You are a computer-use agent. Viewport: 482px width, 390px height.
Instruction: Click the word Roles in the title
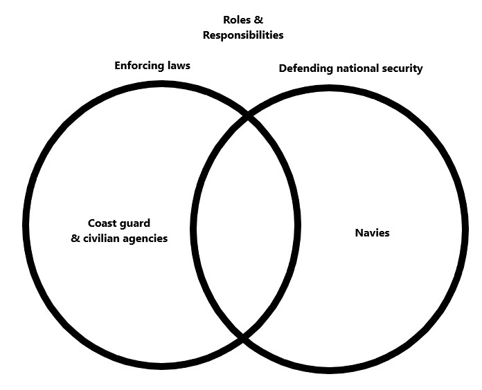[x=236, y=20]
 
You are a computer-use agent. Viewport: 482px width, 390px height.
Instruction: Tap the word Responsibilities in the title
[x=243, y=35]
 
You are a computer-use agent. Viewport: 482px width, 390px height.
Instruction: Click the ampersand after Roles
[x=258, y=20]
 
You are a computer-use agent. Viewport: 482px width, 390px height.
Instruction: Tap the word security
[x=403, y=68]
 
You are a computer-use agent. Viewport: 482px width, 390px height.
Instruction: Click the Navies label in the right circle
[x=371, y=233]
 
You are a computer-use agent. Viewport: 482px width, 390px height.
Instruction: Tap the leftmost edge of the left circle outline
[x=26, y=226]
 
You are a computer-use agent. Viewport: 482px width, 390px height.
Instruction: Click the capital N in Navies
[x=358, y=233]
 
